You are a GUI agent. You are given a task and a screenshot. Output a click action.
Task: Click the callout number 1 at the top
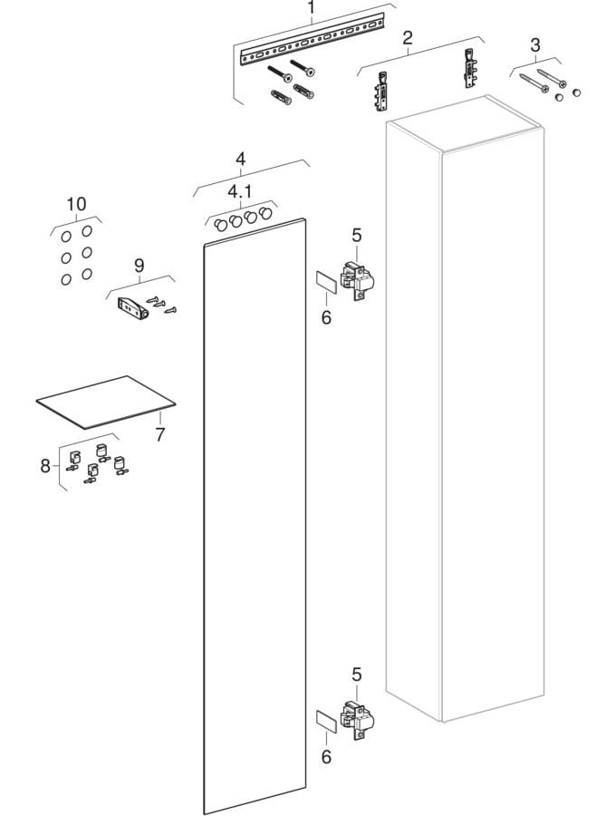(312, 8)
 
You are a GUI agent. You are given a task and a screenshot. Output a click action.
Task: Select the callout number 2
(408, 37)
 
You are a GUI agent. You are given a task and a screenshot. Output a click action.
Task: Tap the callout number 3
(535, 45)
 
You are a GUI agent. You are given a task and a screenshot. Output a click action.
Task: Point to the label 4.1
(240, 191)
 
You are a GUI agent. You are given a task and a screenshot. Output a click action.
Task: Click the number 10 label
(76, 204)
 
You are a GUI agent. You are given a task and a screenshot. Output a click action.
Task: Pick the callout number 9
(140, 266)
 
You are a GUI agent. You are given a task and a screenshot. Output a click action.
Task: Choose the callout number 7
(160, 434)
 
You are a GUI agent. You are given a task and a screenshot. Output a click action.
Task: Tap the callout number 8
(45, 466)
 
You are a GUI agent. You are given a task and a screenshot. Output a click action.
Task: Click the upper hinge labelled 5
(358, 280)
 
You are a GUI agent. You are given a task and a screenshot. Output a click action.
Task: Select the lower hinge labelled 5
(358, 719)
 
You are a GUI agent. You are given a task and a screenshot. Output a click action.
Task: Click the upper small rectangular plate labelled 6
(326, 283)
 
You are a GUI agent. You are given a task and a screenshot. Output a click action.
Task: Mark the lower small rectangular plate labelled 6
(326, 722)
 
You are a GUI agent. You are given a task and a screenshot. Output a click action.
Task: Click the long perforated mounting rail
(312, 40)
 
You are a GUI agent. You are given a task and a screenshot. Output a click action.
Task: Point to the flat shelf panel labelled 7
(105, 403)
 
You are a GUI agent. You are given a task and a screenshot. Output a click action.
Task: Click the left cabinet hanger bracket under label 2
(381, 92)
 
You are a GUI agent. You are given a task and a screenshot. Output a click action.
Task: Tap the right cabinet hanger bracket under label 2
(470, 68)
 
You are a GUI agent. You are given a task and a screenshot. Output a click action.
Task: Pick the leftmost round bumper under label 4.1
(220, 225)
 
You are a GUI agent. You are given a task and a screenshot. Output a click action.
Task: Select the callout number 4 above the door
(240, 160)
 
